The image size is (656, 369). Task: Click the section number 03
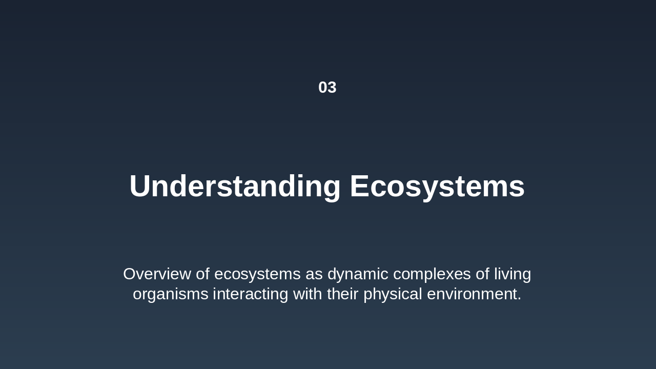click(x=327, y=88)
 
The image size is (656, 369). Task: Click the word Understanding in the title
click(x=235, y=186)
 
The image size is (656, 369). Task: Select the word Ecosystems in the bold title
click(x=437, y=186)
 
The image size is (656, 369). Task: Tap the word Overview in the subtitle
click(x=157, y=274)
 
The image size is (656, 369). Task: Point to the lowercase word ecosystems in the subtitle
click(x=257, y=274)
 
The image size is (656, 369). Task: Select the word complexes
click(x=432, y=274)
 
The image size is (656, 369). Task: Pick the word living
click(x=512, y=274)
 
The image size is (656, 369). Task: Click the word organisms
click(x=170, y=294)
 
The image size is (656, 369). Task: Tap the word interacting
click(x=251, y=294)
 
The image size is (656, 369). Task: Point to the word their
click(x=343, y=294)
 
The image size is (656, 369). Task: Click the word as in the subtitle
click(x=314, y=274)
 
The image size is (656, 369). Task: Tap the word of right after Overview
click(x=202, y=274)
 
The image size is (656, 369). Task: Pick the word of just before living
click(x=482, y=274)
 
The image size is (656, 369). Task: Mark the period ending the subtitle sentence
click(x=519, y=299)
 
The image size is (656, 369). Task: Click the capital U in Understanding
click(x=140, y=186)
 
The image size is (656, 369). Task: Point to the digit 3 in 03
click(x=332, y=88)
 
